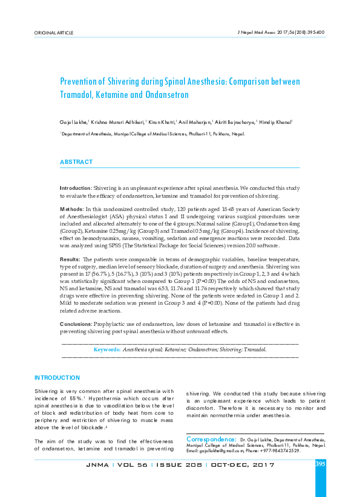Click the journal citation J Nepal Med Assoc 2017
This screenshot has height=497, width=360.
point(275,31)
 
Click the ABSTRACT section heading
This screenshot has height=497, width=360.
point(76,162)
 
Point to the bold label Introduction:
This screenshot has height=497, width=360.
point(76,189)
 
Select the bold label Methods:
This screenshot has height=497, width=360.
point(72,209)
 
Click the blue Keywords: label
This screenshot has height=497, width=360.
point(106,349)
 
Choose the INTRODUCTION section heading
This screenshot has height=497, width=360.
point(57,378)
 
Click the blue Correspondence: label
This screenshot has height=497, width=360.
point(211,438)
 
